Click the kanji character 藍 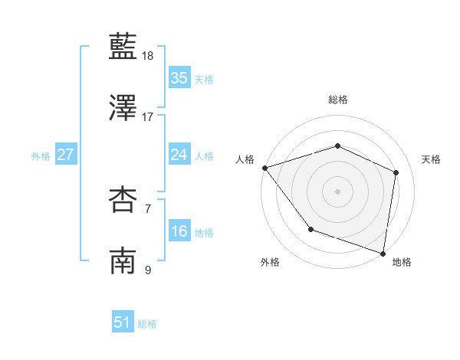(x=123, y=47)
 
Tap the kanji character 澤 (x=123, y=108)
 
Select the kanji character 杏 (x=123, y=200)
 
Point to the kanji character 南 (x=123, y=260)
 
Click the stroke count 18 (x=148, y=56)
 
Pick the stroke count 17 (x=148, y=116)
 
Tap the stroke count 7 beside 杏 (x=148, y=208)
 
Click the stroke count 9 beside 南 (x=148, y=269)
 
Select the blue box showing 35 (x=179, y=78)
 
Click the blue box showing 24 (x=179, y=155)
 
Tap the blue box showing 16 (x=179, y=231)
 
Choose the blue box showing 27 (x=65, y=155)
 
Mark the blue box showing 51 (x=123, y=322)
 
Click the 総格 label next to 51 (x=147, y=324)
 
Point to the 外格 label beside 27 (x=41, y=156)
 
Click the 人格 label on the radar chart (x=245, y=159)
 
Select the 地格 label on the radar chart (x=402, y=263)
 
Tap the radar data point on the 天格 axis (x=396, y=172)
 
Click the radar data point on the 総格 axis (x=337, y=146)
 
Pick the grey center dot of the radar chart (x=337, y=191)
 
